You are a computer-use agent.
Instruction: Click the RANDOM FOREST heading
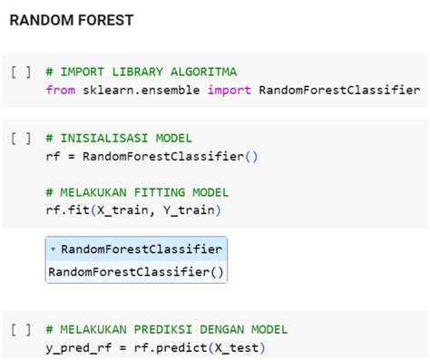(x=71, y=19)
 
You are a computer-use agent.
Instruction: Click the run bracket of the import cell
(x=21, y=72)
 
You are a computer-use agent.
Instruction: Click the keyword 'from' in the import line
(x=60, y=90)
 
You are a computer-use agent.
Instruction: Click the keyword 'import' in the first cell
(x=230, y=90)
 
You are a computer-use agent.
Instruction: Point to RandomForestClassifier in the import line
(x=339, y=90)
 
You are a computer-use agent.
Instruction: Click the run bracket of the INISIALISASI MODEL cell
(x=21, y=139)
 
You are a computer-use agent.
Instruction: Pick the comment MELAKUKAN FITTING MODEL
(x=137, y=192)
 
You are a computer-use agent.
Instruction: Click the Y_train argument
(x=192, y=210)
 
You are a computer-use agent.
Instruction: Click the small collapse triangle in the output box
(x=54, y=248)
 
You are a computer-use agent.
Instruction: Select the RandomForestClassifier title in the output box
(x=141, y=248)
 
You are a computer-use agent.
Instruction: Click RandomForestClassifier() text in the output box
(x=136, y=271)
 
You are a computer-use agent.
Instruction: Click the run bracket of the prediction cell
(x=21, y=329)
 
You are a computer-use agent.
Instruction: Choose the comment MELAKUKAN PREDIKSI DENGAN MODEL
(x=167, y=329)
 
